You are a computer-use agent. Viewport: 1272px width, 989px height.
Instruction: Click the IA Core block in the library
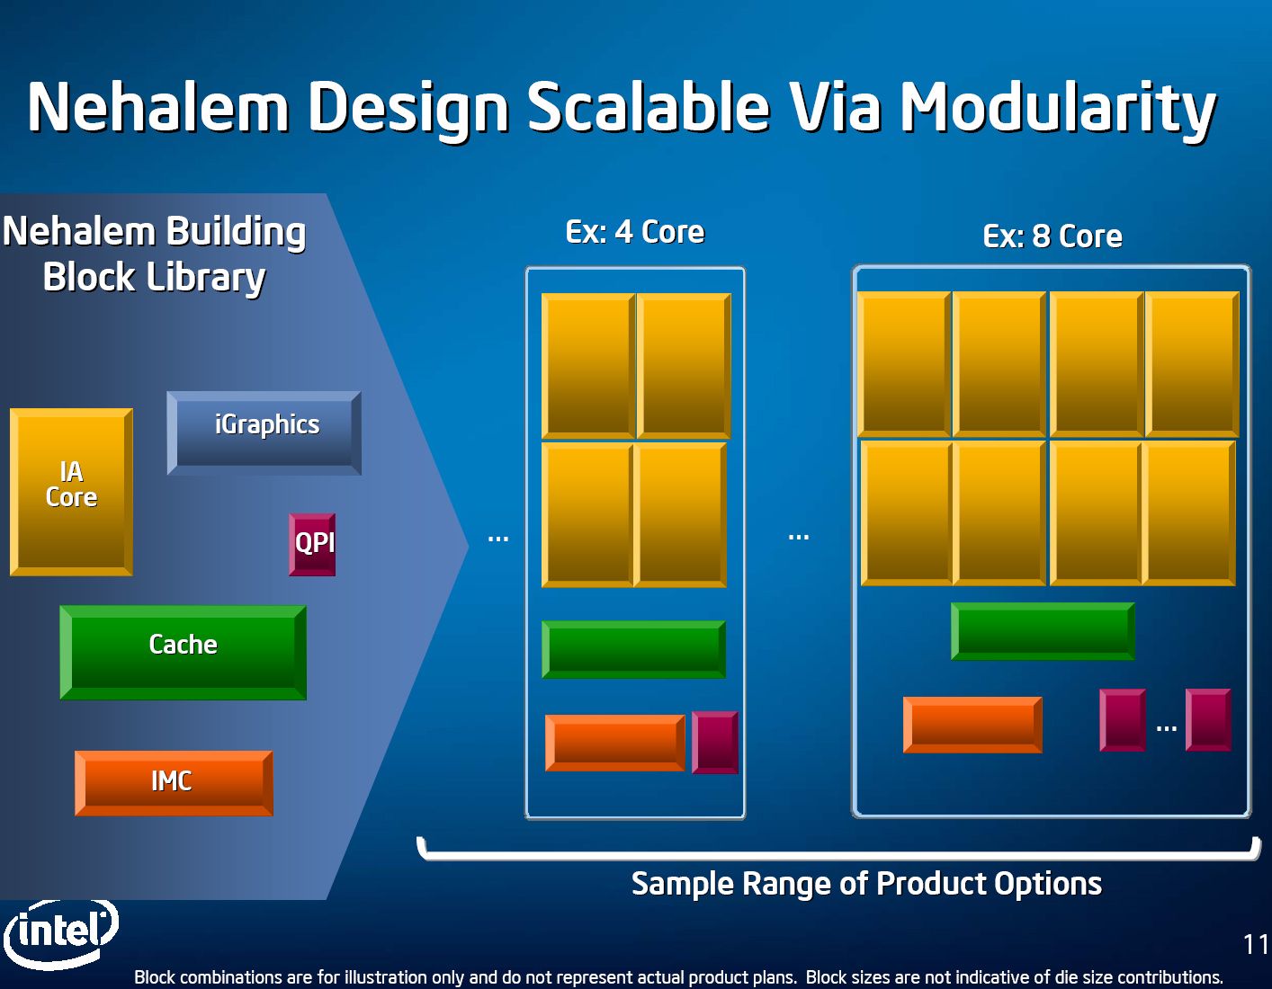[x=71, y=492]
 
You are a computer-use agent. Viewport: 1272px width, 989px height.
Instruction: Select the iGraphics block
[x=264, y=432]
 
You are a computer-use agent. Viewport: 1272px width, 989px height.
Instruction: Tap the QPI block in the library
[x=312, y=544]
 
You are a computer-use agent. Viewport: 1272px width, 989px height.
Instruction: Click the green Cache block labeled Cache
[x=183, y=652]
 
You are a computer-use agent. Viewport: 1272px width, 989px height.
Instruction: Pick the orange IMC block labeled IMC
[x=173, y=782]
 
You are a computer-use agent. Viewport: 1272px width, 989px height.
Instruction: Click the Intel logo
[x=61, y=932]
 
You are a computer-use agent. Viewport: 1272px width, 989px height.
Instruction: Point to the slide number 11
[x=1255, y=944]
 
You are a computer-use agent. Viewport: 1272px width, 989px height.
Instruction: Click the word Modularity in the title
[x=1058, y=108]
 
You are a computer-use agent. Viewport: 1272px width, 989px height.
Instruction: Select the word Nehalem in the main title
[x=158, y=108]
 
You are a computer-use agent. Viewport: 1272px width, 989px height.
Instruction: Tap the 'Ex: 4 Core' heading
[x=634, y=232]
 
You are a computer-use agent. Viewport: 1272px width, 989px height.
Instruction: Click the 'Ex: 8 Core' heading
[x=1052, y=236]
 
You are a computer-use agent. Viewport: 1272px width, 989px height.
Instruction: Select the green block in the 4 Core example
[x=633, y=649]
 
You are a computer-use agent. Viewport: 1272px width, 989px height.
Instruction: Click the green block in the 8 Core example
[x=1042, y=631]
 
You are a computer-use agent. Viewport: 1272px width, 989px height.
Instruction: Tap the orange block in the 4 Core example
[x=614, y=743]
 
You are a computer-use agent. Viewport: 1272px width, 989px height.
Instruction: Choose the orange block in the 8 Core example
[x=972, y=724]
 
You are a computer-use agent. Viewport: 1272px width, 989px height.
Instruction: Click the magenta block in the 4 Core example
[x=715, y=743]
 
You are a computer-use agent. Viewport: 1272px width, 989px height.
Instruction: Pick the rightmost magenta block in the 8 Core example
[x=1207, y=719]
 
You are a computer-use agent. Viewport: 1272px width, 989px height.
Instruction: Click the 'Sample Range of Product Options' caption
[x=866, y=884]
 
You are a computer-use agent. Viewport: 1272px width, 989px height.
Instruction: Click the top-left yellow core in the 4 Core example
[x=588, y=366]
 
